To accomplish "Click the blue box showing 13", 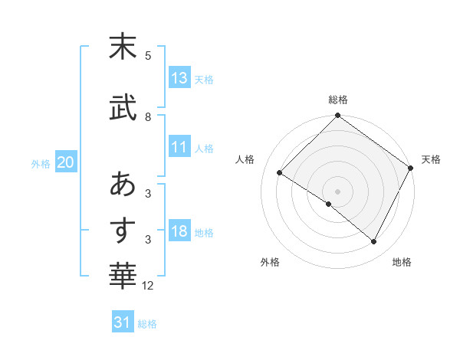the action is tap(179, 78).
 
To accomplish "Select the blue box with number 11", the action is tap(179, 148).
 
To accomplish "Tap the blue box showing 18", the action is tap(179, 232).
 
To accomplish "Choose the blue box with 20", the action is tap(66, 162).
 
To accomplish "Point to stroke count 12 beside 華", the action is tap(148, 286).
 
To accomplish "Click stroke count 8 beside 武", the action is tap(148, 117).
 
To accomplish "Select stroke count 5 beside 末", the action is tap(148, 55).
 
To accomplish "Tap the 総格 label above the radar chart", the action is tap(337, 100).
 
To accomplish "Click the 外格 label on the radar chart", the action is tap(269, 262).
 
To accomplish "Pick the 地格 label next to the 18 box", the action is tap(204, 233).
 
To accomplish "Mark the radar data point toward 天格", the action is tap(411, 168).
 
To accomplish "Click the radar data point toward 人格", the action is tap(280, 172).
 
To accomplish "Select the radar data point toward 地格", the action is tap(374, 242).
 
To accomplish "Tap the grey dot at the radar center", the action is tap(337, 191).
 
